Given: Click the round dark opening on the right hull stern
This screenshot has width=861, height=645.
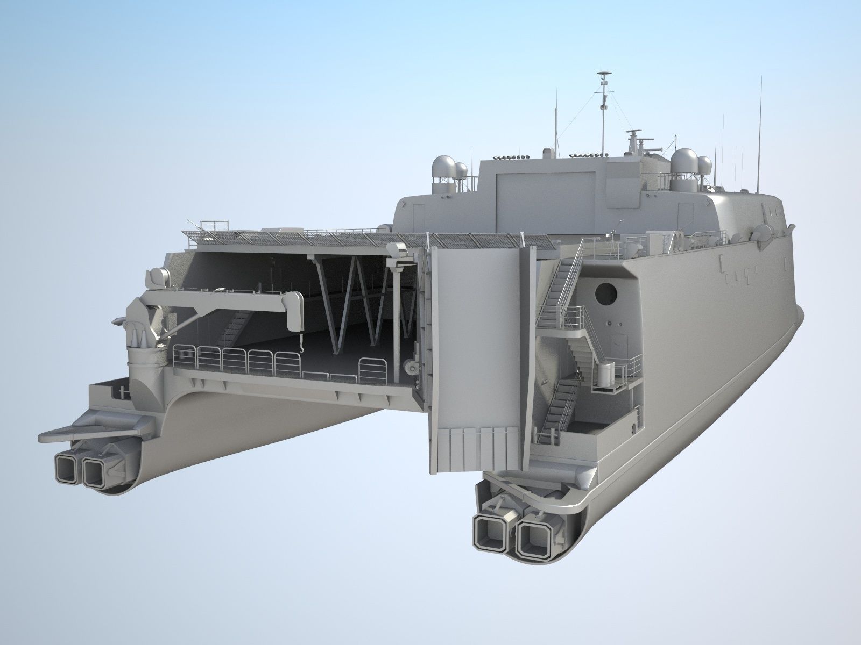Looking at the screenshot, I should [606, 293].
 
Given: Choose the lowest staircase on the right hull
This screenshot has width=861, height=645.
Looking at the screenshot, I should [556, 408].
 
